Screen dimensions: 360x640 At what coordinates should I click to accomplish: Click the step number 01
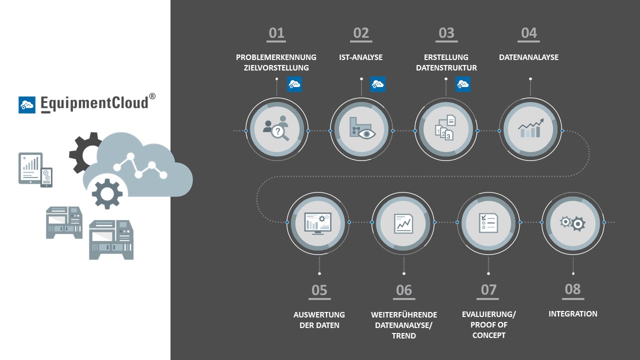276,33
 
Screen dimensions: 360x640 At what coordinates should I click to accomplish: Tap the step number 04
528,33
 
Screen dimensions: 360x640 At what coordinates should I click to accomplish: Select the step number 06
403,290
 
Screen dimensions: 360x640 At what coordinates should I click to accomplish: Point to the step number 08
572,289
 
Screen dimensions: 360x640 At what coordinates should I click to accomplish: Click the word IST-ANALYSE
360,57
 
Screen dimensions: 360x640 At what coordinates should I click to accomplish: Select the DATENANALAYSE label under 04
528,57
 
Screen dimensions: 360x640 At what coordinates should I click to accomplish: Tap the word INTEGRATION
572,314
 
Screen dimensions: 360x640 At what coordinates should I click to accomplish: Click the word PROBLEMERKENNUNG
276,57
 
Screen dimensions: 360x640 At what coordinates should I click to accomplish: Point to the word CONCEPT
488,335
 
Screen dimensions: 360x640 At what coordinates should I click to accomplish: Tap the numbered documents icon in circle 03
446,128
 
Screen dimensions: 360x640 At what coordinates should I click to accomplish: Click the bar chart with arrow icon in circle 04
530,128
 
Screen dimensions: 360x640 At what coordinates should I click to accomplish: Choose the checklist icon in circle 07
488,222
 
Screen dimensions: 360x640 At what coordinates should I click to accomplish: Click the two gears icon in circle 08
572,222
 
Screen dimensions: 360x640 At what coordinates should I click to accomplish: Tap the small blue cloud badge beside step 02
377,84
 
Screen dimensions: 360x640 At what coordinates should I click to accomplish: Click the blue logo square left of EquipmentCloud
27,104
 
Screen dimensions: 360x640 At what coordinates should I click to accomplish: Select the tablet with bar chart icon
30,168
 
